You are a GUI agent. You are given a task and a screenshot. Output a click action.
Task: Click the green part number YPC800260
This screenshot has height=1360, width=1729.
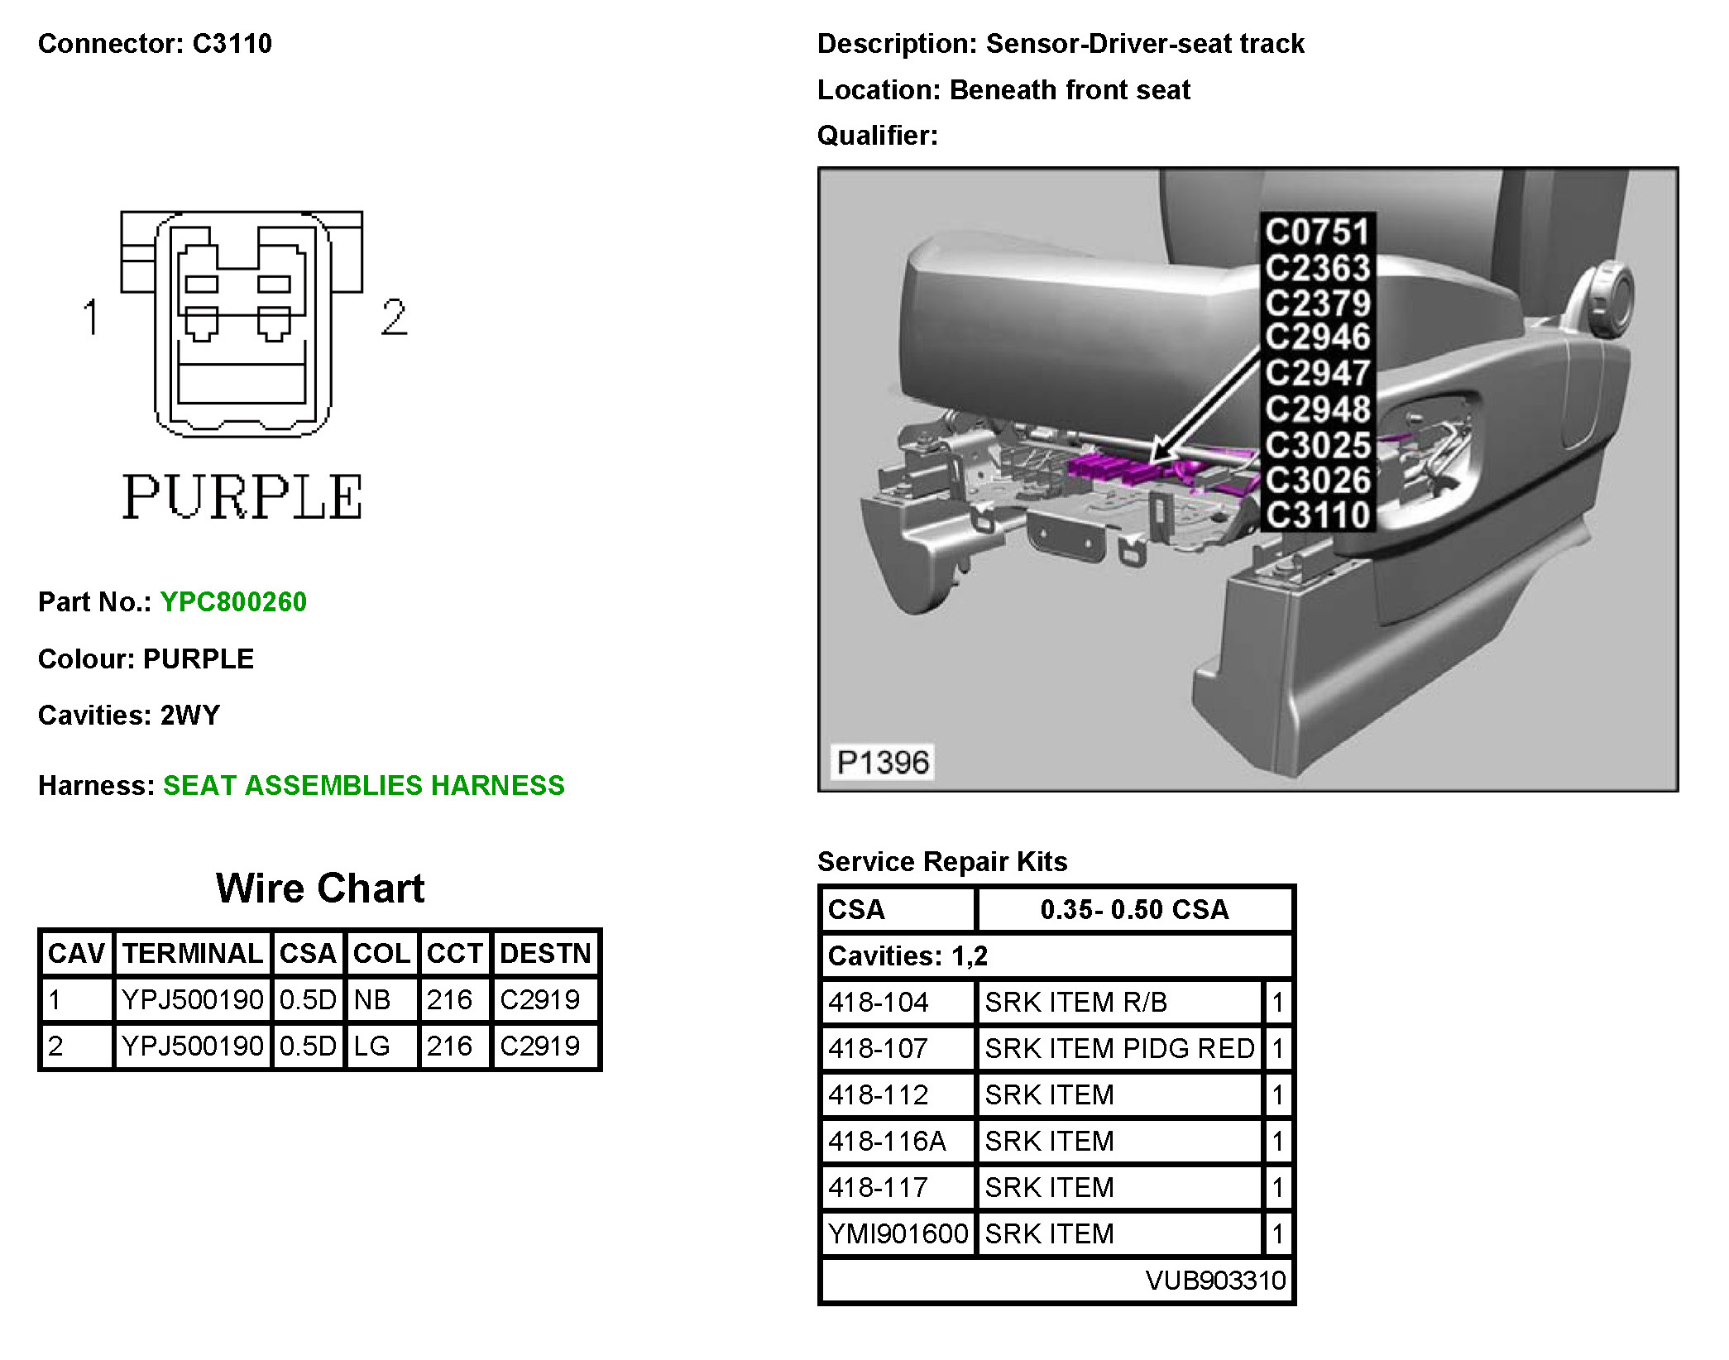pyautogui.click(x=233, y=601)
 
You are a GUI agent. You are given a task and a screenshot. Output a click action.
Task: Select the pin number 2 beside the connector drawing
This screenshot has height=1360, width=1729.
pyautogui.click(x=394, y=317)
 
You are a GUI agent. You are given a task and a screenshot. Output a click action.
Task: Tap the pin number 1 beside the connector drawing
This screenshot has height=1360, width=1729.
pyautogui.click(x=91, y=317)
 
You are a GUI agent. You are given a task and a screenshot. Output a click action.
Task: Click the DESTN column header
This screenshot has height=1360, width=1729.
pyautogui.click(x=545, y=953)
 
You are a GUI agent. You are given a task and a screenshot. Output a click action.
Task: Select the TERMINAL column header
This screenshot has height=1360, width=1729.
pyautogui.click(x=193, y=953)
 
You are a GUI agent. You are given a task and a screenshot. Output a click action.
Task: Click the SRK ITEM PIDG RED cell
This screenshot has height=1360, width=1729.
pyautogui.click(x=1120, y=1048)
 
